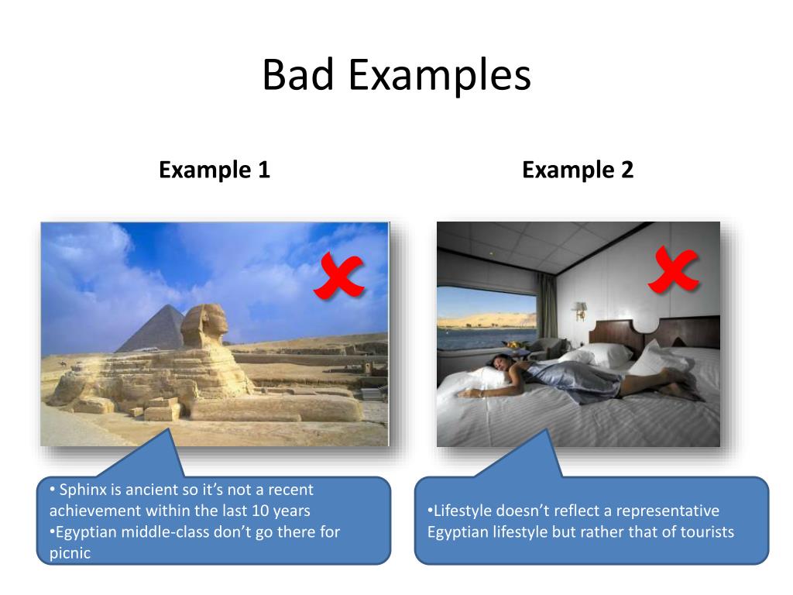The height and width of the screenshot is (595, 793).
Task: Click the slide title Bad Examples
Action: point(396,76)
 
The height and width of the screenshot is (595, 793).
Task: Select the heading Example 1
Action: point(215,170)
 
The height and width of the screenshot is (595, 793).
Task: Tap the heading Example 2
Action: point(578,170)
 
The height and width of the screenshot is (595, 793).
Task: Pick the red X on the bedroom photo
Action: point(673,270)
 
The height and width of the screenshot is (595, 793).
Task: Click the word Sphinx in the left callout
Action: point(83,490)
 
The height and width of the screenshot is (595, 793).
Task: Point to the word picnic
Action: point(70,553)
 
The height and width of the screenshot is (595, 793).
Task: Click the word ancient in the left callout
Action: point(148,490)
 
